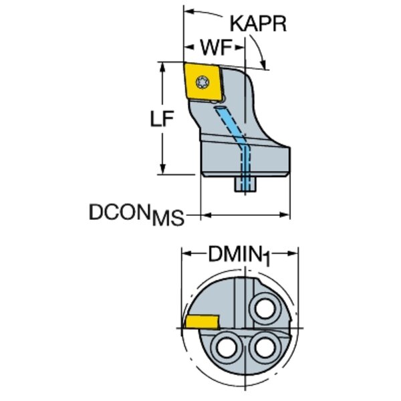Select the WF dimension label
tap(215, 47)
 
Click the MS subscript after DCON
tap(167, 219)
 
